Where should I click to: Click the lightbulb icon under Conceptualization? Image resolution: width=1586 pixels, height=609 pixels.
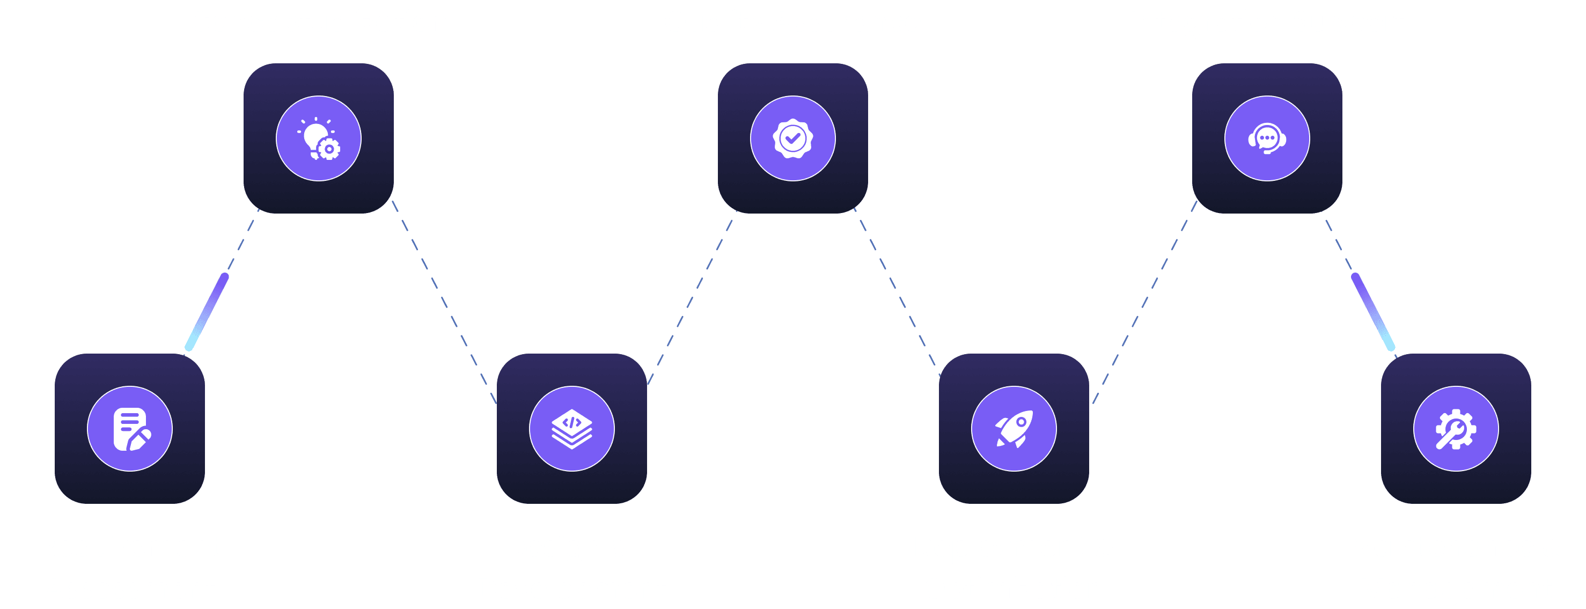[x=318, y=138]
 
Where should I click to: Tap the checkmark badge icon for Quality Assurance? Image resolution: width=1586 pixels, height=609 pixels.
[x=792, y=138]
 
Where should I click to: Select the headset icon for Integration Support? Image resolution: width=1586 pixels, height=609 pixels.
[x=1266, y=138]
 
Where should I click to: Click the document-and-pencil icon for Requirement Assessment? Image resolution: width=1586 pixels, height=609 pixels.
[x=130, y=429]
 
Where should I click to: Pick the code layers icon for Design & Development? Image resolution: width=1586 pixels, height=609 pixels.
[x=571, y=429]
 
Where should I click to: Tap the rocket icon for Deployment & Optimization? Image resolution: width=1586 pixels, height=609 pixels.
[x=1014, y=429]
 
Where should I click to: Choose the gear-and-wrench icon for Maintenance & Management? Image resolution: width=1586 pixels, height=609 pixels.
[x=1456, y=429]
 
